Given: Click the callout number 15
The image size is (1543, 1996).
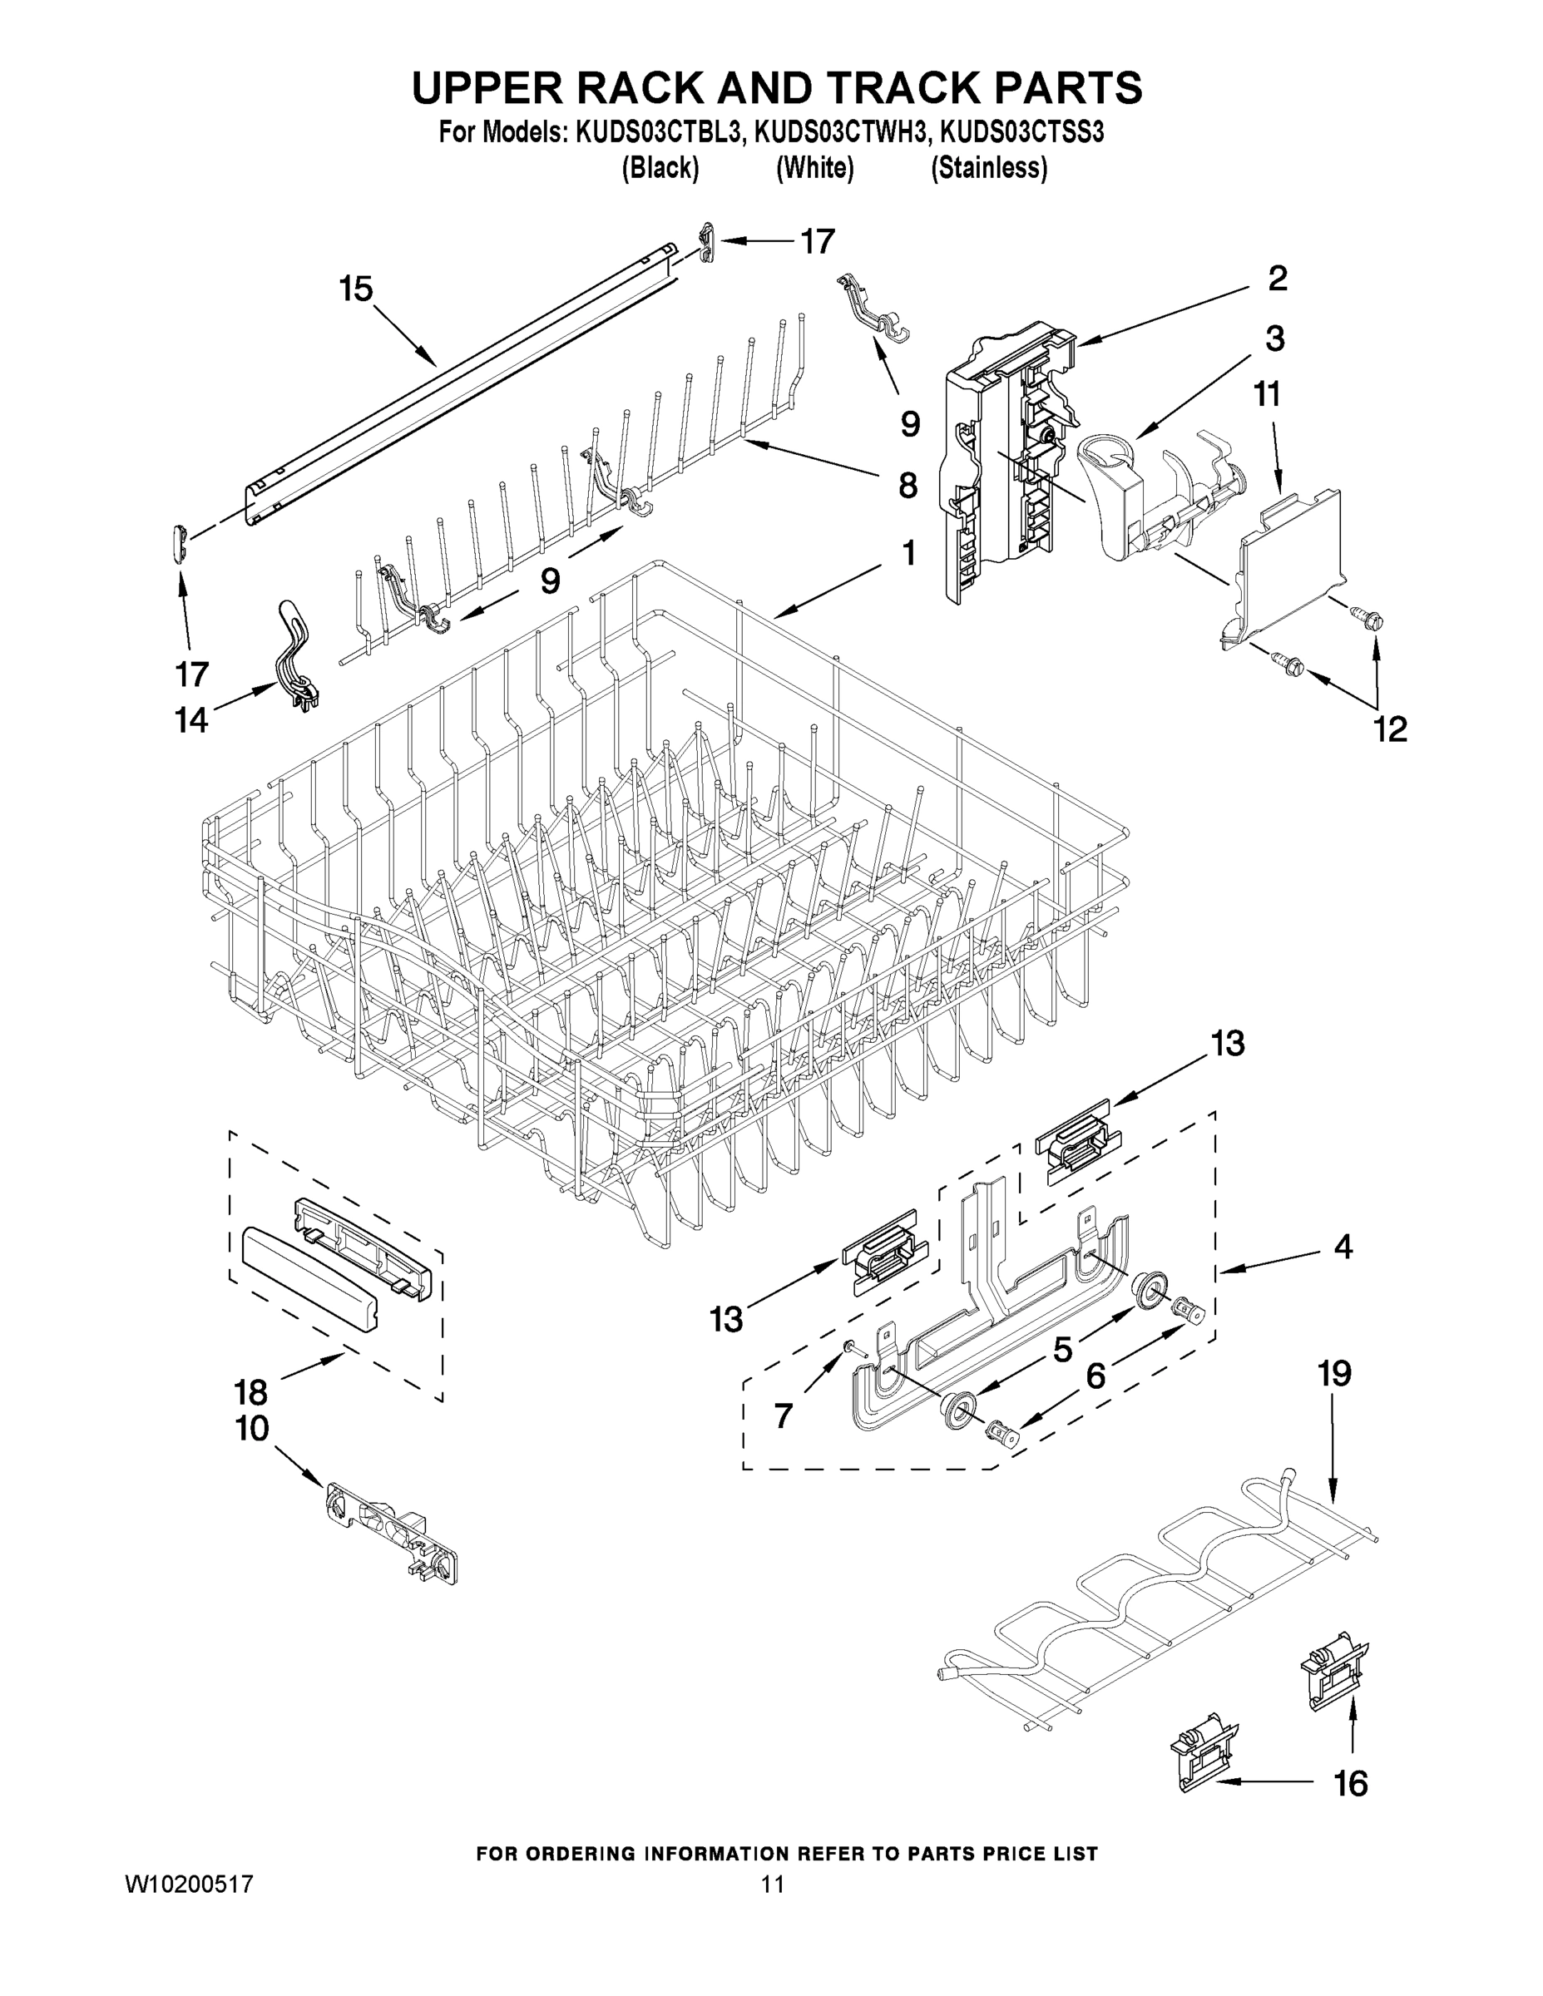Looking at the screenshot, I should tap(355, 289).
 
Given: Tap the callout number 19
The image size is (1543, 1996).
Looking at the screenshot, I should tap(1333, 1374).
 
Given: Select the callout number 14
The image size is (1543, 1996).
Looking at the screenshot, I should tap(192, 721).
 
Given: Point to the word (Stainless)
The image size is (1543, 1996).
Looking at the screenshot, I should tap(988, 168).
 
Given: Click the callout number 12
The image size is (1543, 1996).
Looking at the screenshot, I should tap(1390, 729).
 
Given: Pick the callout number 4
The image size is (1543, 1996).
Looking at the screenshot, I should tap(1342, 1247).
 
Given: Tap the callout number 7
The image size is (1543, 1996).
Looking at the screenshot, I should tap(783, 1416).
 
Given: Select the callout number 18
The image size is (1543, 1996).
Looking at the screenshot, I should tap(250, 1392).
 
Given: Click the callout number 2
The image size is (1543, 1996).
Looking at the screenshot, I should tap(1277, 278).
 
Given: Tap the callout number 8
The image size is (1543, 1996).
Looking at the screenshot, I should tap(907, 486).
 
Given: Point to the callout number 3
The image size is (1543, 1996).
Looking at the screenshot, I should tap(1274, 339).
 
